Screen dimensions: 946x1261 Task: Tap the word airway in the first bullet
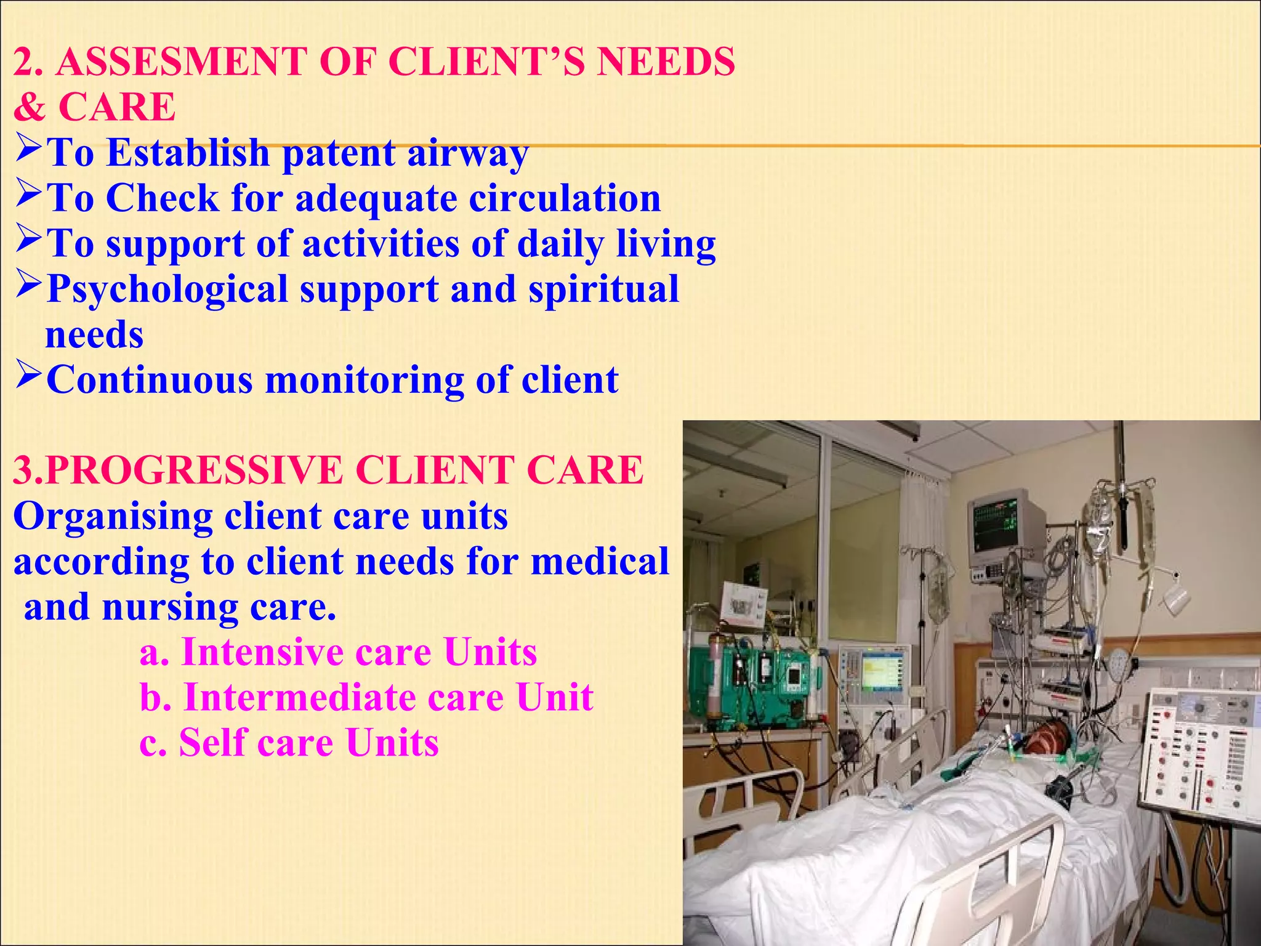tap(467, 153)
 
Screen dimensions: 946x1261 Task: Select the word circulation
tap(565, 198)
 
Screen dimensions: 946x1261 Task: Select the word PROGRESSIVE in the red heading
tap(194, 471)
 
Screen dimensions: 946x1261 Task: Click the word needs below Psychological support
tap(94, 335)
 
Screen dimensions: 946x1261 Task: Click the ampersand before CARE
tap(29, 107)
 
